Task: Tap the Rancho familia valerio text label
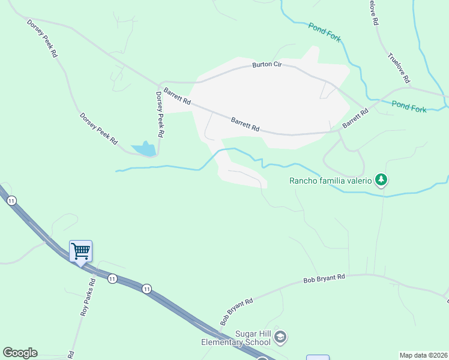pos(331,181)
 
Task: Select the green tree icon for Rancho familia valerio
pos(381,179)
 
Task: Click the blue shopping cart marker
pos(80,251)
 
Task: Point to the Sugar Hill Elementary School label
pos(237,338)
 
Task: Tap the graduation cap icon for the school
pos(280,338)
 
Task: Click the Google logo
pos(20,353)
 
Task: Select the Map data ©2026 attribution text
pos(423,355)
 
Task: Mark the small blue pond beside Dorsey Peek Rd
pos(144,149)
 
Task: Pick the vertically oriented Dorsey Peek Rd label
pos(160,115)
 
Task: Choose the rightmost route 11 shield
pos(146,289)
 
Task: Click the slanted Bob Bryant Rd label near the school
pos(237,312)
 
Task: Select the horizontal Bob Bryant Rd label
pos(324,278)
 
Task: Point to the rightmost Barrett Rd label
pos(355,118)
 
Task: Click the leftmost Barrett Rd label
pos(178,98)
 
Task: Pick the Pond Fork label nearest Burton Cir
pos(325,32)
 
